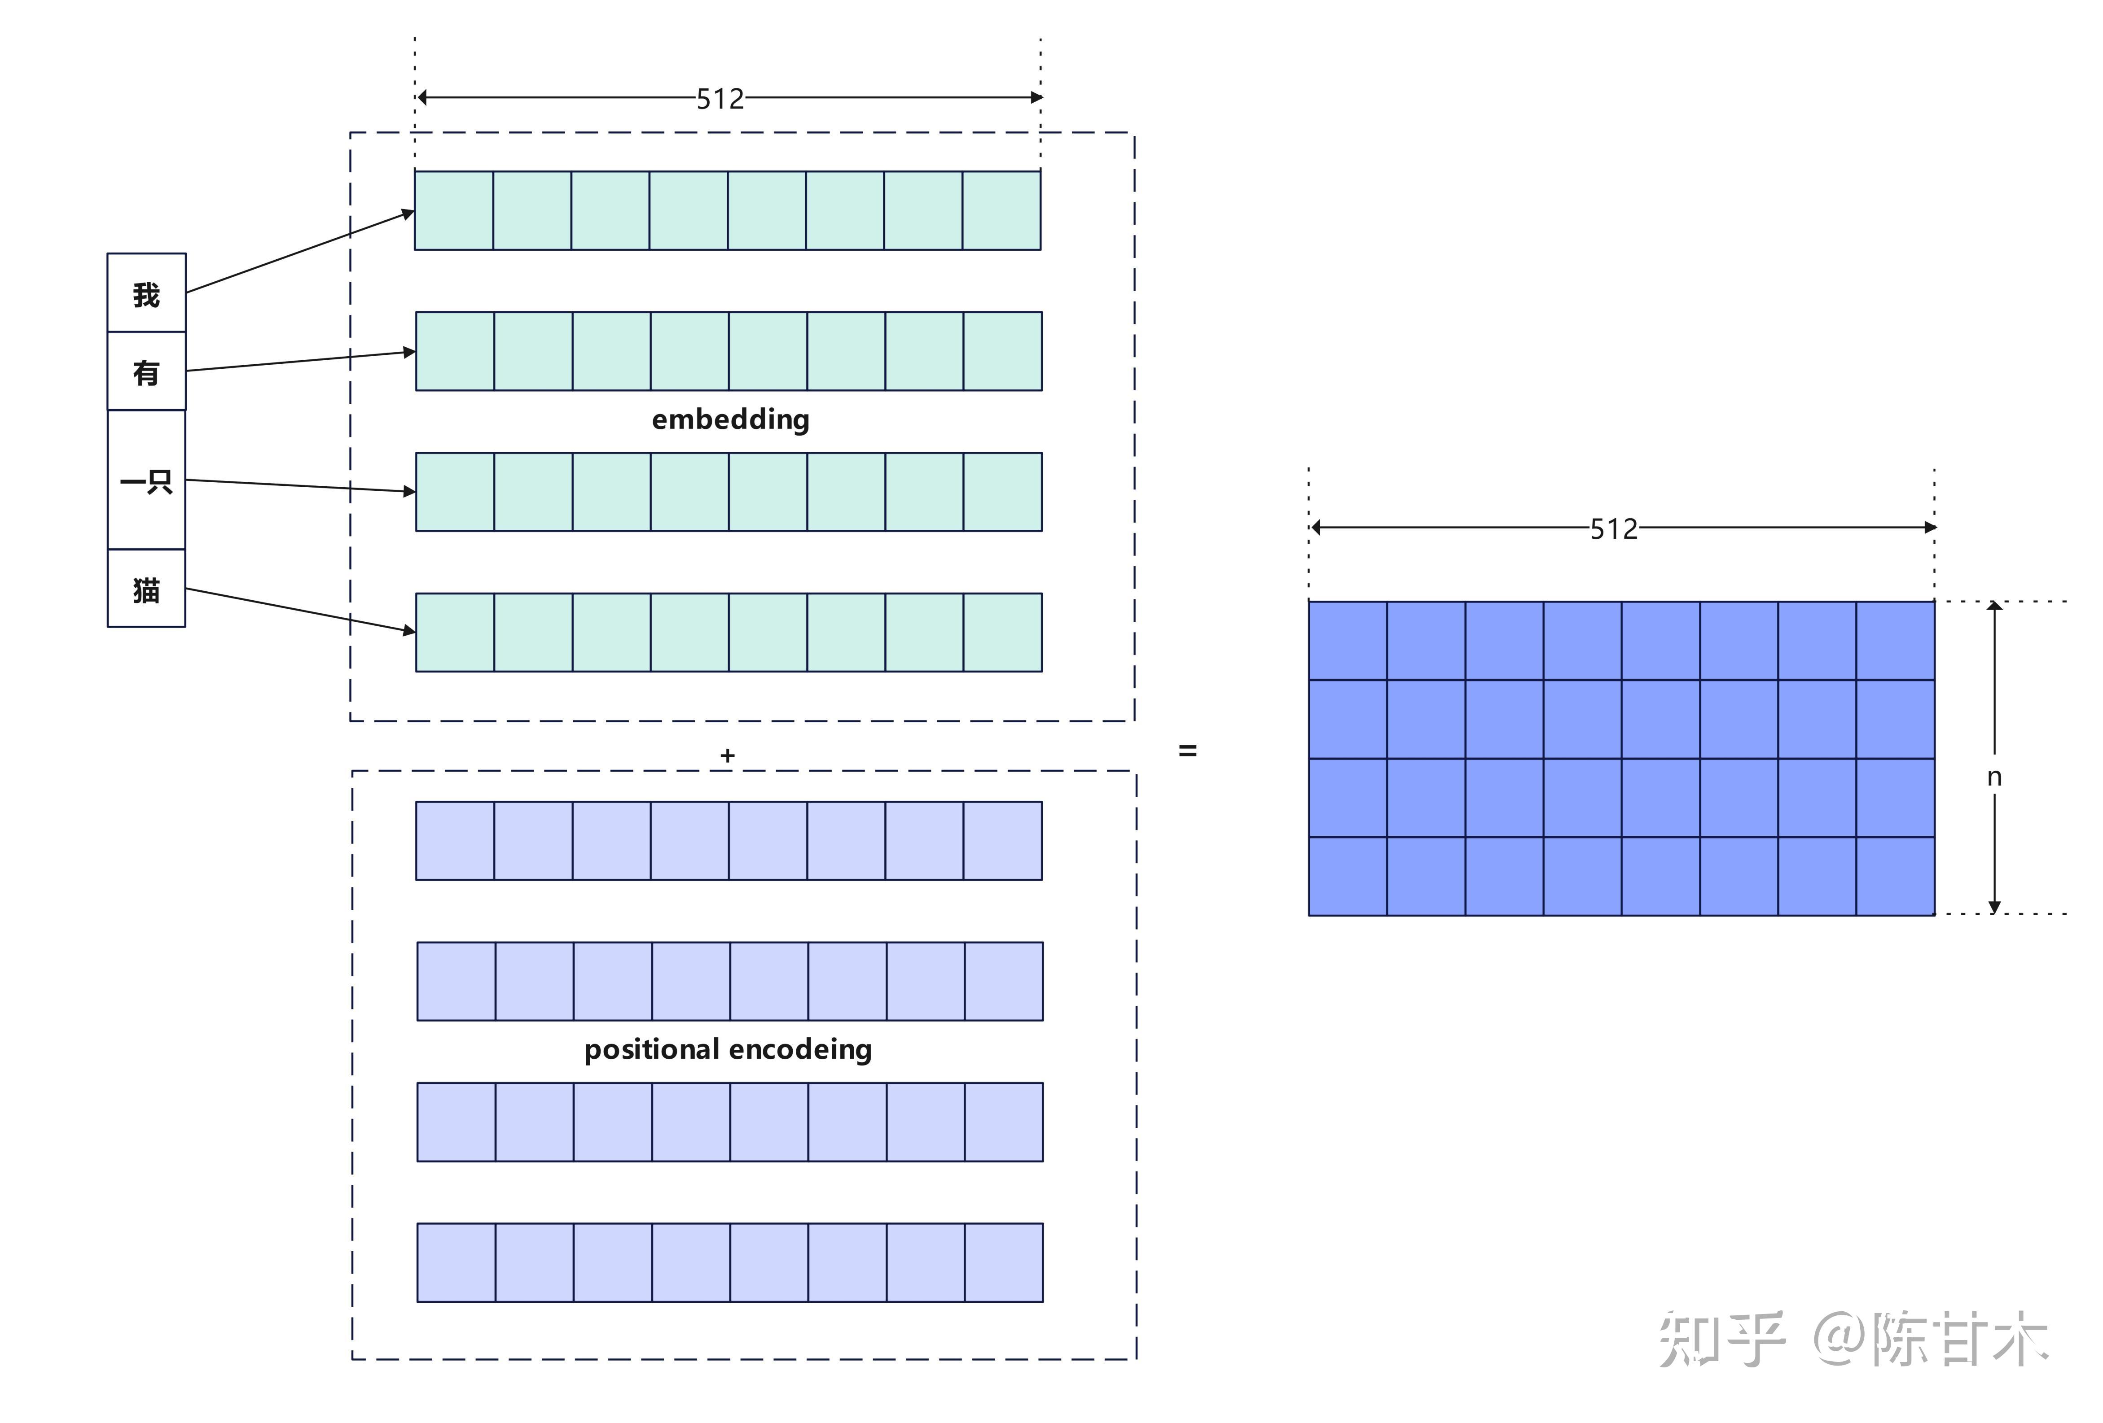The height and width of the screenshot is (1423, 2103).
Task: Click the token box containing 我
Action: pyautogui.click(x=147, y=293)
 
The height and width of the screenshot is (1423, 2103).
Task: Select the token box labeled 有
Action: pyautogui.click(x=147, y=371)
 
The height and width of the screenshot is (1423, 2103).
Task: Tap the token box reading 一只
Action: pyautogui.click(x=147, y=480)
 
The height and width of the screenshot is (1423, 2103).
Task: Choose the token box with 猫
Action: pyautogui.click(x=147, y=589)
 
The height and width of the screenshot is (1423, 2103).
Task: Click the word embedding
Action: pyautogui.click(x=730, y=420)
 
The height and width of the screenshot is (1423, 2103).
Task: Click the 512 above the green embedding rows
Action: pyautogui.click(x=720, y=99)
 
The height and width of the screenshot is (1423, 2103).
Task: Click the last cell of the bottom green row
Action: pyautogui.click(x=1003, y=633)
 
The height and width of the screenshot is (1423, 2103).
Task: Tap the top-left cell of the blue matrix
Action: pyautogui.click(x=1348, y=641)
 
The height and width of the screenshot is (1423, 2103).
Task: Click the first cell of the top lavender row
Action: pyautogui.click(x=455, y=840)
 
